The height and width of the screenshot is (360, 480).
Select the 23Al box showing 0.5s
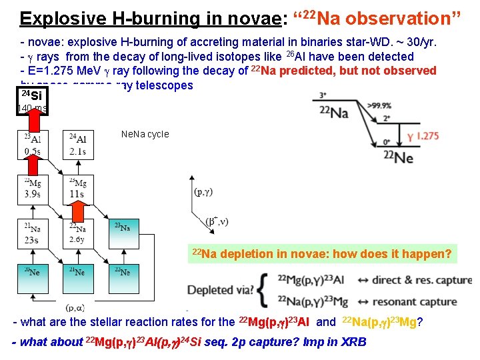(x=33, y=144)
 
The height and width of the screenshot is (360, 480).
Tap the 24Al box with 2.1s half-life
(x=77, y=144)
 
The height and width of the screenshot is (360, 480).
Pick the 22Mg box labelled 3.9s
(x=33, y=188)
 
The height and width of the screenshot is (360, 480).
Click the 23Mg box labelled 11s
(x=77, y=188)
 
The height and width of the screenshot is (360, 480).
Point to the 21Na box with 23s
(x=33, y=233)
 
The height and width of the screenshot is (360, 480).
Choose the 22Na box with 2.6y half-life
(x=77, y=233)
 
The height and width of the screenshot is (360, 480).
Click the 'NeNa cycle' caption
(x=145, y=134)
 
